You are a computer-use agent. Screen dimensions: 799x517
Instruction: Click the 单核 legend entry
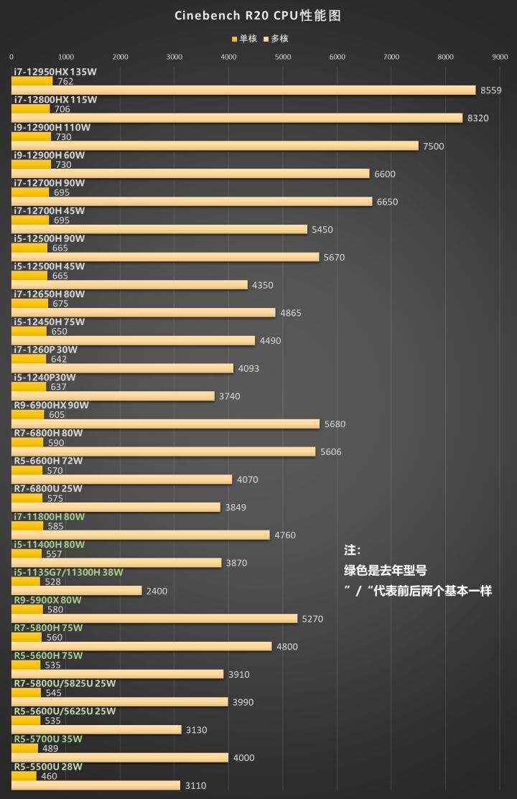click(244, 39)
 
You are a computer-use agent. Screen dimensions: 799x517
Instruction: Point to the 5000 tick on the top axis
click(283, 57)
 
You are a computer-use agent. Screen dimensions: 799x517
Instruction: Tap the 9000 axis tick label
click(500, 57)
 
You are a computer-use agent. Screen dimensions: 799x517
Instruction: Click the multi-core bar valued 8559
click(243, 90)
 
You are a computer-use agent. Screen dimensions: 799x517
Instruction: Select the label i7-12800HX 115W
click(55, 100)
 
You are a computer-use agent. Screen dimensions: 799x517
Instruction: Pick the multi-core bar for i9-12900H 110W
click(215, 146)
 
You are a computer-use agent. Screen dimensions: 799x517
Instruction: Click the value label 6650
click(387, 202)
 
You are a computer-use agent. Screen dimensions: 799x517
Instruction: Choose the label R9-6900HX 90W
click(52, 405)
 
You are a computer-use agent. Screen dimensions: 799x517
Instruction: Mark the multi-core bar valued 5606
click(164, 452)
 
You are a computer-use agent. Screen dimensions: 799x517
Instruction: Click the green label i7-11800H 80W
click(50, 516)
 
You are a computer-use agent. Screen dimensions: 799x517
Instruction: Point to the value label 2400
click(157, 591)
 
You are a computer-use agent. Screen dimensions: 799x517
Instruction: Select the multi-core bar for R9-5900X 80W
click(154, 618)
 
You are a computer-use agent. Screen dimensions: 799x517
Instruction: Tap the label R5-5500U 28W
click(49, 767)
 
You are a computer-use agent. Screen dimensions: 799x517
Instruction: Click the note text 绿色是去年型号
click(386, 571)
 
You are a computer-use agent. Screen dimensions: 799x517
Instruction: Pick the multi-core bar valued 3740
click(113, 396)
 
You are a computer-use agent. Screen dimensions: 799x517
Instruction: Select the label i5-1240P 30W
click(45, 377)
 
